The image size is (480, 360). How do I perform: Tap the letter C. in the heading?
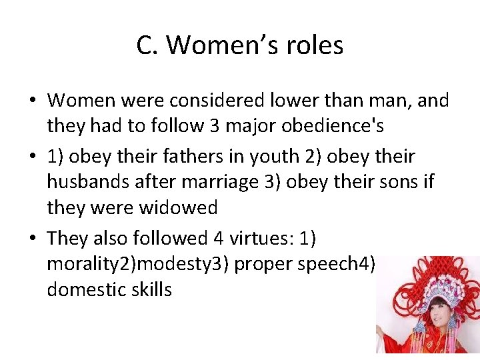(147, 45)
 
